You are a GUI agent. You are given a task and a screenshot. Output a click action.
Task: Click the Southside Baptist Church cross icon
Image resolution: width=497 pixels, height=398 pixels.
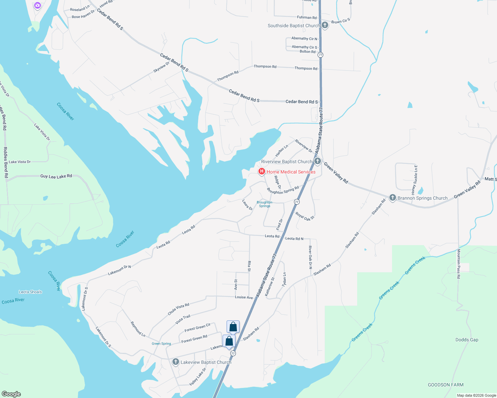point(325,25)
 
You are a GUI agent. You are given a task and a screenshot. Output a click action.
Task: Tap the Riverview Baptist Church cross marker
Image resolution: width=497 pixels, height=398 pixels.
point(318,161)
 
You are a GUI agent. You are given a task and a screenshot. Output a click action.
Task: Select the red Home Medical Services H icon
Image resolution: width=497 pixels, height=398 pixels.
point(262,171)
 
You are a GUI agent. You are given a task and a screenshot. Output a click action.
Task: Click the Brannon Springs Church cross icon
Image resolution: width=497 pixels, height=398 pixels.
point(392,198)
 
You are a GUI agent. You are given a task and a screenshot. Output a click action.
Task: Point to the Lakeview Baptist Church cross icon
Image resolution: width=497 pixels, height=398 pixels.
point(176,362)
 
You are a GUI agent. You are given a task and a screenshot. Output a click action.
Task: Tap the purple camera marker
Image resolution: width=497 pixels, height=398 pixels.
point(38,5)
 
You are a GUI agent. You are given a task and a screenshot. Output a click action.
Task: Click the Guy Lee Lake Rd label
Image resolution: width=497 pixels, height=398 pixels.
point(56,176)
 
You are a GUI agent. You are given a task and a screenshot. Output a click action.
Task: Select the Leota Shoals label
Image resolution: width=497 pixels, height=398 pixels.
point(31,292)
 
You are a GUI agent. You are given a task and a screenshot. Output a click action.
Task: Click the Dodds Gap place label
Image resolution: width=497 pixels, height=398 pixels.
point(467,340)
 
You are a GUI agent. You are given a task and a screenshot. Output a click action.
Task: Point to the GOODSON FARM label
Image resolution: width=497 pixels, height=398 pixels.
point(446,385)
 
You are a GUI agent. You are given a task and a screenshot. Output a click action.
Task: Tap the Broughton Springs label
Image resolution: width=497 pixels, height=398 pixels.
point(264,204)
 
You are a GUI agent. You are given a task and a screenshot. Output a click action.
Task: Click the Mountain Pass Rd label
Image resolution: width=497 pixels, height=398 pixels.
point(459,264)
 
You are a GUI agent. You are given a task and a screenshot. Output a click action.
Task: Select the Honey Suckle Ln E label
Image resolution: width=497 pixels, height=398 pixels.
point(414,179)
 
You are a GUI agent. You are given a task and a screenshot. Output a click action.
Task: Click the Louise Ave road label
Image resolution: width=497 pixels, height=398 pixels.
point(244,297)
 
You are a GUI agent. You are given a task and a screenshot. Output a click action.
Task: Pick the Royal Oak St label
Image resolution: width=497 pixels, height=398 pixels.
point(305,216)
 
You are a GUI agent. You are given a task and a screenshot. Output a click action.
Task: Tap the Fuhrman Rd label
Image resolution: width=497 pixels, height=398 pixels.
point(307,17)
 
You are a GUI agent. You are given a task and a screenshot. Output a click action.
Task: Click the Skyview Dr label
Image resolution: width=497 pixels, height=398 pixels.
point(161,67)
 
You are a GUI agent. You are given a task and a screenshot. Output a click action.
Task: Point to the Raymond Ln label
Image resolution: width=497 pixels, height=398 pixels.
point(138,329)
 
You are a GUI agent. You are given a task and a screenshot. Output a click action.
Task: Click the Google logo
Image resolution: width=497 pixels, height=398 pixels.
point(11,394)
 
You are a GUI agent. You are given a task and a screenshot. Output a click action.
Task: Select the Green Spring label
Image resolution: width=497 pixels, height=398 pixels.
point(161,344)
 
